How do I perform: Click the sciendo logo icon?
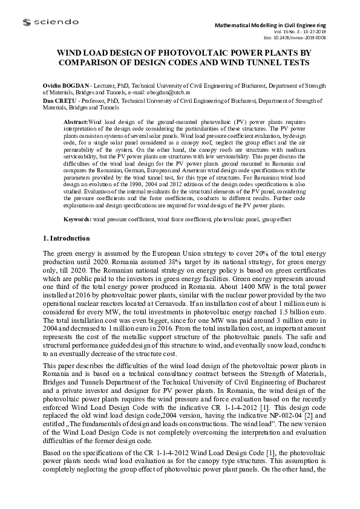click(x=27, y=22)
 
